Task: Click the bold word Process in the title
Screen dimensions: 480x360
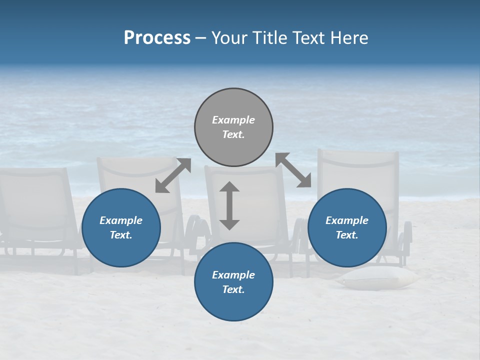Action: tap(157, 38)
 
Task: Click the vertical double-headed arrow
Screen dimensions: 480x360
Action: tap(229, 206)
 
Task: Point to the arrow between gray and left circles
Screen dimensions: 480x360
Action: tap(173, 175)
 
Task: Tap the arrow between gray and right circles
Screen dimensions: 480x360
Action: tap(293, 170)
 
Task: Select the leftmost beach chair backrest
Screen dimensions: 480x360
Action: tap(35, 200)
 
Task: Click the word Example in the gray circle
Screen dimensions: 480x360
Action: tap(233, 120)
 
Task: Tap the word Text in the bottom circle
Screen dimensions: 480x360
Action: tap(233, 289)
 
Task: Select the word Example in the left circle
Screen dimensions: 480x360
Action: tap(121, 220)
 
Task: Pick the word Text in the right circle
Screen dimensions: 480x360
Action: tap(347, 235)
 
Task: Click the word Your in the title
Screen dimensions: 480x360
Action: tap(229, 38)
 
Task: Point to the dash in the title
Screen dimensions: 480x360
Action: tap(200, 38)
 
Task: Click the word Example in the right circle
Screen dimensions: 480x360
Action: tap(347, 220)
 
